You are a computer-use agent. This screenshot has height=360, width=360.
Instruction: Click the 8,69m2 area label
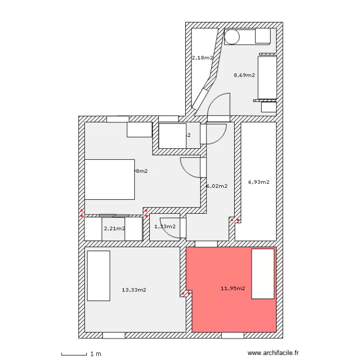[x=244, y=75]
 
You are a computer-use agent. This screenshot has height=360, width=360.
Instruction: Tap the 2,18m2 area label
[x=202, y=58]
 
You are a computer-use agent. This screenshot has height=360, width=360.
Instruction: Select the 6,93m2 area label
[x=259, y=182]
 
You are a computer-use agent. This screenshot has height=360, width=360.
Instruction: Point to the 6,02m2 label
[x=216, y=186]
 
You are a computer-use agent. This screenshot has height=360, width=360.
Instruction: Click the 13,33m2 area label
[x=134, y=289]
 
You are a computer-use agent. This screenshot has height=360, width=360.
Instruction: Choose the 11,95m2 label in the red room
[x=233, y=288]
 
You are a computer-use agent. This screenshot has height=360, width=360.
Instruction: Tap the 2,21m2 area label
[x=114, y=228]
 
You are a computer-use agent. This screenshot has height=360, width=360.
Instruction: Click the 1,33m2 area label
[x=165, y=227]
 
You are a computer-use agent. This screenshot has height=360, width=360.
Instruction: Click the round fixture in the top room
[x=233, y=36]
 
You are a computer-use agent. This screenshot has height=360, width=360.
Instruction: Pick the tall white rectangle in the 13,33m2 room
[x=98, y=276]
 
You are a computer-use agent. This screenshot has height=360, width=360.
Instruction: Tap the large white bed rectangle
[x=109, y=179]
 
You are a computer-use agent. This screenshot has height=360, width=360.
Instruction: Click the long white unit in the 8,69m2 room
[x=267, y=77]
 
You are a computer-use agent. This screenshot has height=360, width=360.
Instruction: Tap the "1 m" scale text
[x=96, y=354]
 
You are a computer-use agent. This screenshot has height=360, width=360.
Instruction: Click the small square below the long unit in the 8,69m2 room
[x=268, y=107]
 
